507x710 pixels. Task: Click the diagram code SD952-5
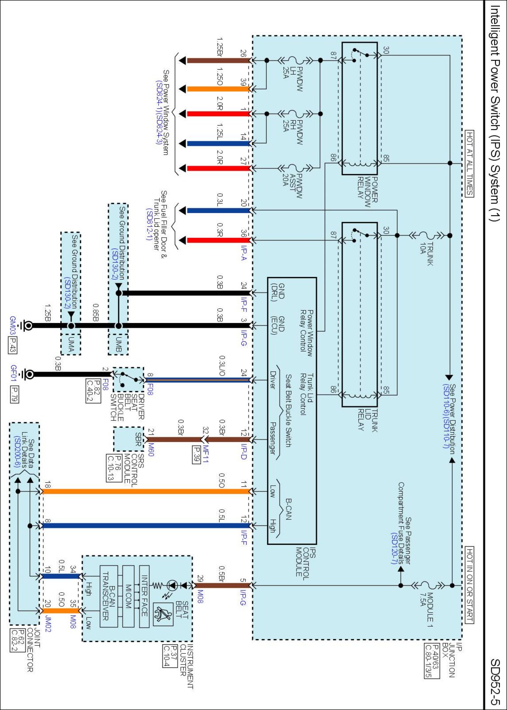(x=495, y=682)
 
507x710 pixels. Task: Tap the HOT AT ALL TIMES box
(x=469, y=163)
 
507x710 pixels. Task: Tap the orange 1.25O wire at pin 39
(x=218, y=89)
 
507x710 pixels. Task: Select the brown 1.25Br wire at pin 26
(x=218, y=61)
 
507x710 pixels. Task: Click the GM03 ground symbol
(x=27, y=326)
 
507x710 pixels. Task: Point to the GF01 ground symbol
(x=28, y=374)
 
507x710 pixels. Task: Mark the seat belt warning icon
(x=163, y=614)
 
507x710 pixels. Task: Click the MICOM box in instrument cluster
(x=129, y=596)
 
